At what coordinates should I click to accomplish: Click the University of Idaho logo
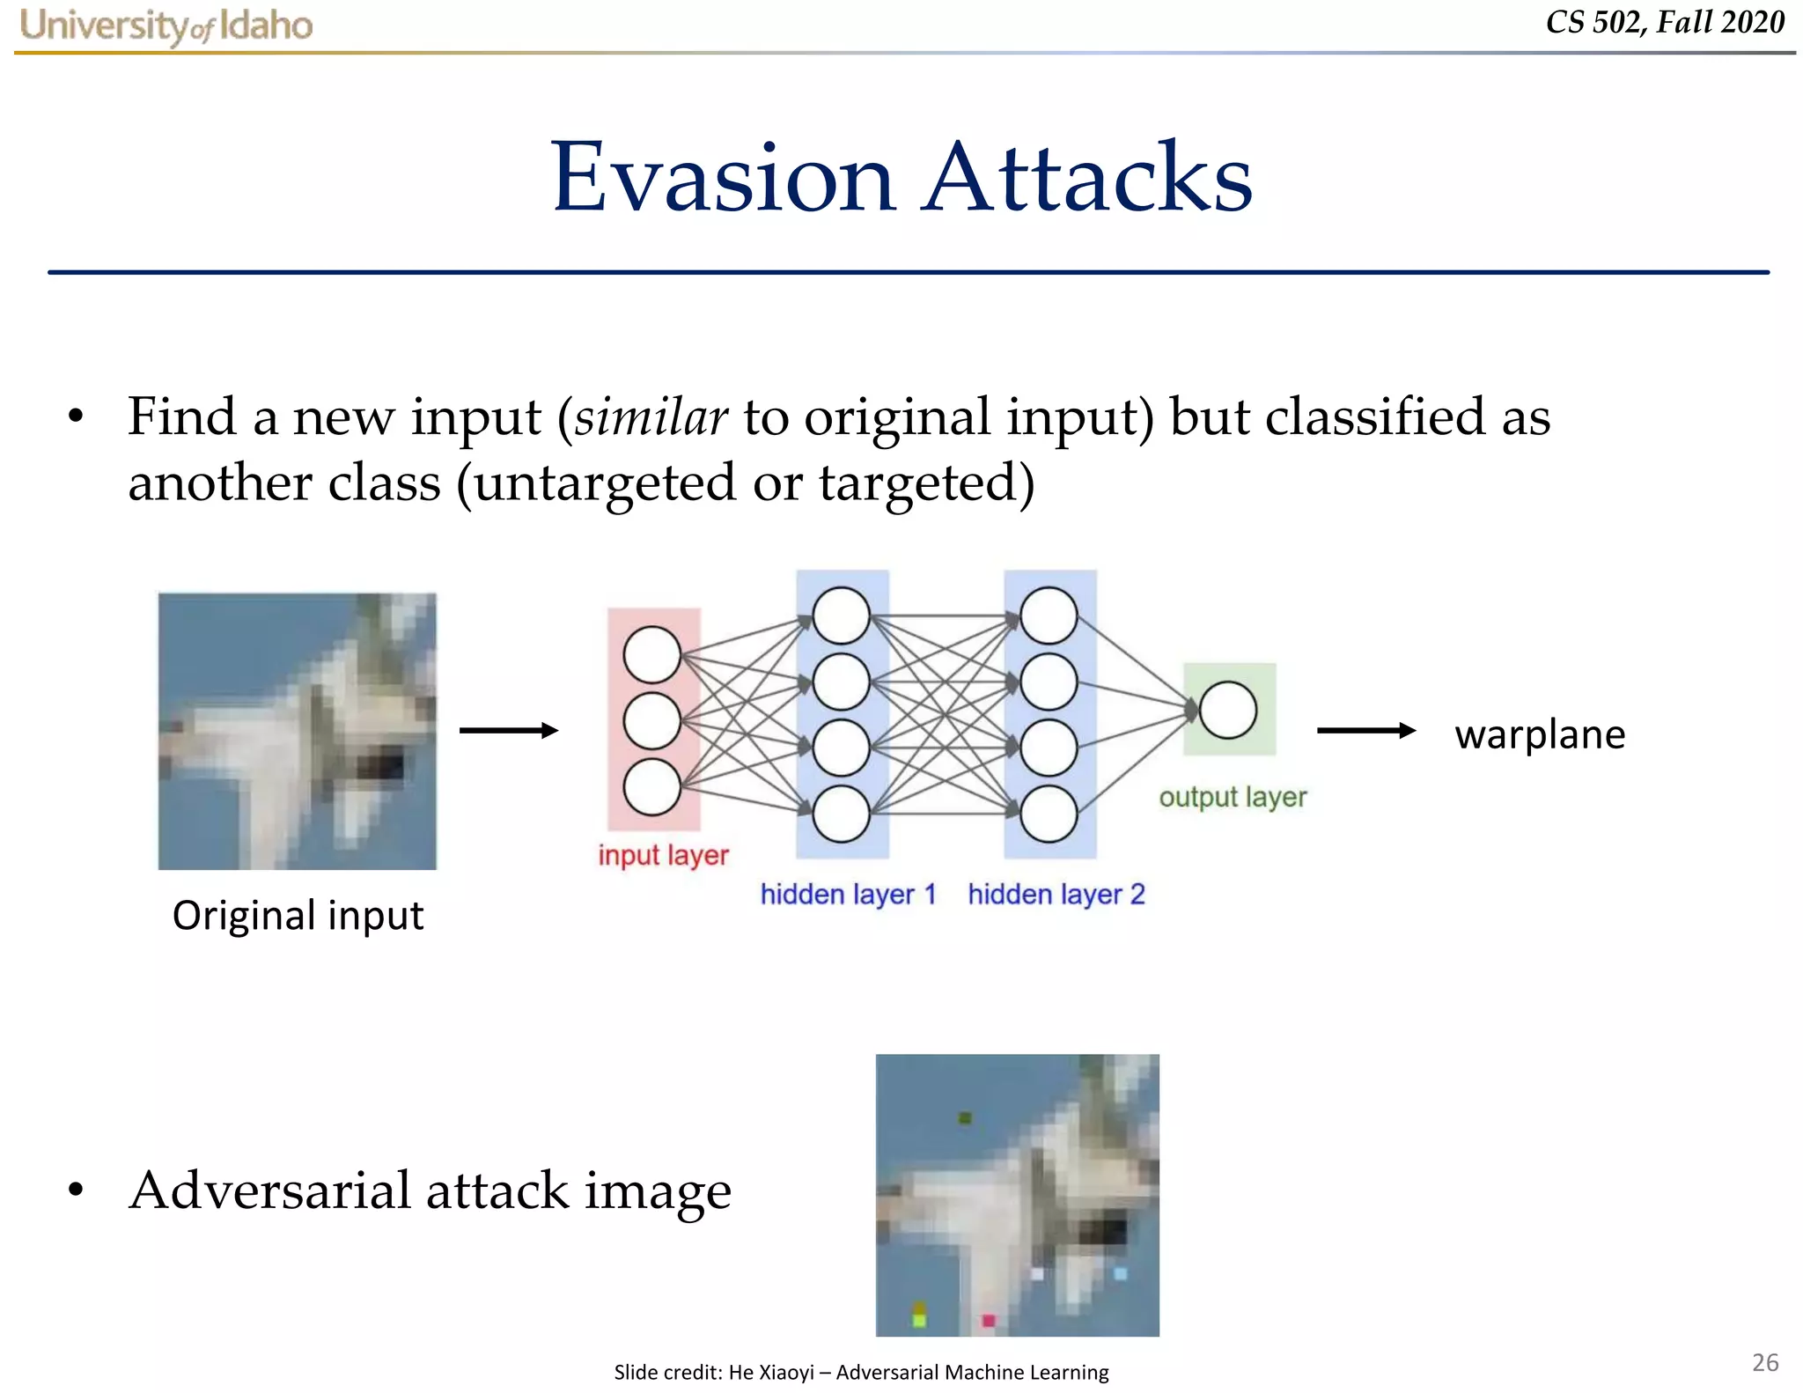point(166,26)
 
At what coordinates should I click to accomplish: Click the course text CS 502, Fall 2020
point(1665,22)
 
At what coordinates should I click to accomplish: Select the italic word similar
point(651,416)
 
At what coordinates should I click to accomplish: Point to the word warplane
point(1539,734)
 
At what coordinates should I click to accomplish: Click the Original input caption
point(298,916)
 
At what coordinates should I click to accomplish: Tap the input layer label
point(663,855)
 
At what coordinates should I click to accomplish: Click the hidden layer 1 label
point(848,895)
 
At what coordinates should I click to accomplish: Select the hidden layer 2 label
point(1056,895)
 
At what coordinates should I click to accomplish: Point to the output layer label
point(1232,797)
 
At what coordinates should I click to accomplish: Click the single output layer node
point(1227,710)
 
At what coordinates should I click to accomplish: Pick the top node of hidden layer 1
point(841,615)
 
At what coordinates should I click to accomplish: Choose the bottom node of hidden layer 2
point(1048,814)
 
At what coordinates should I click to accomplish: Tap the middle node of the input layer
point(651,721)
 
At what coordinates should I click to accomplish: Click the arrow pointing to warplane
point(1365,730)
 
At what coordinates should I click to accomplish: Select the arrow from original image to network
point(509,730)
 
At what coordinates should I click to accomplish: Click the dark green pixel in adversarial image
point(965,1118)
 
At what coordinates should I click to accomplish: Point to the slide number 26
point(1764,1362)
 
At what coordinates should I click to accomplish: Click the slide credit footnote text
point(861,1372)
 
